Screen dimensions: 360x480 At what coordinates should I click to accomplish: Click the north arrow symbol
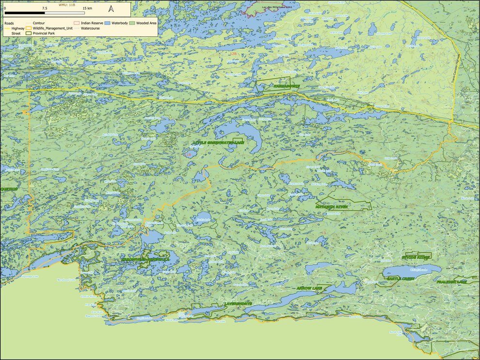111,8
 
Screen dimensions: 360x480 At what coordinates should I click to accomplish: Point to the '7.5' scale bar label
45,9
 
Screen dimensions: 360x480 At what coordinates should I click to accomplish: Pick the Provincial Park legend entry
42,33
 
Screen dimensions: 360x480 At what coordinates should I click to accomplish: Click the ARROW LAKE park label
309,289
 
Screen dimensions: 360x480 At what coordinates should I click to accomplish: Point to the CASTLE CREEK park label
400,278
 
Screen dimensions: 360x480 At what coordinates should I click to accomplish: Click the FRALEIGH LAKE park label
451,281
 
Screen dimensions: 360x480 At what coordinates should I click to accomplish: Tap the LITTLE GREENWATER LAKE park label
217,143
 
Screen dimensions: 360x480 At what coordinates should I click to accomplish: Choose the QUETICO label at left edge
9,189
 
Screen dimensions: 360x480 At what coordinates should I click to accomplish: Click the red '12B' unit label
234,53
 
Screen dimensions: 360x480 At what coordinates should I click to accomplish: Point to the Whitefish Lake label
418,270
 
